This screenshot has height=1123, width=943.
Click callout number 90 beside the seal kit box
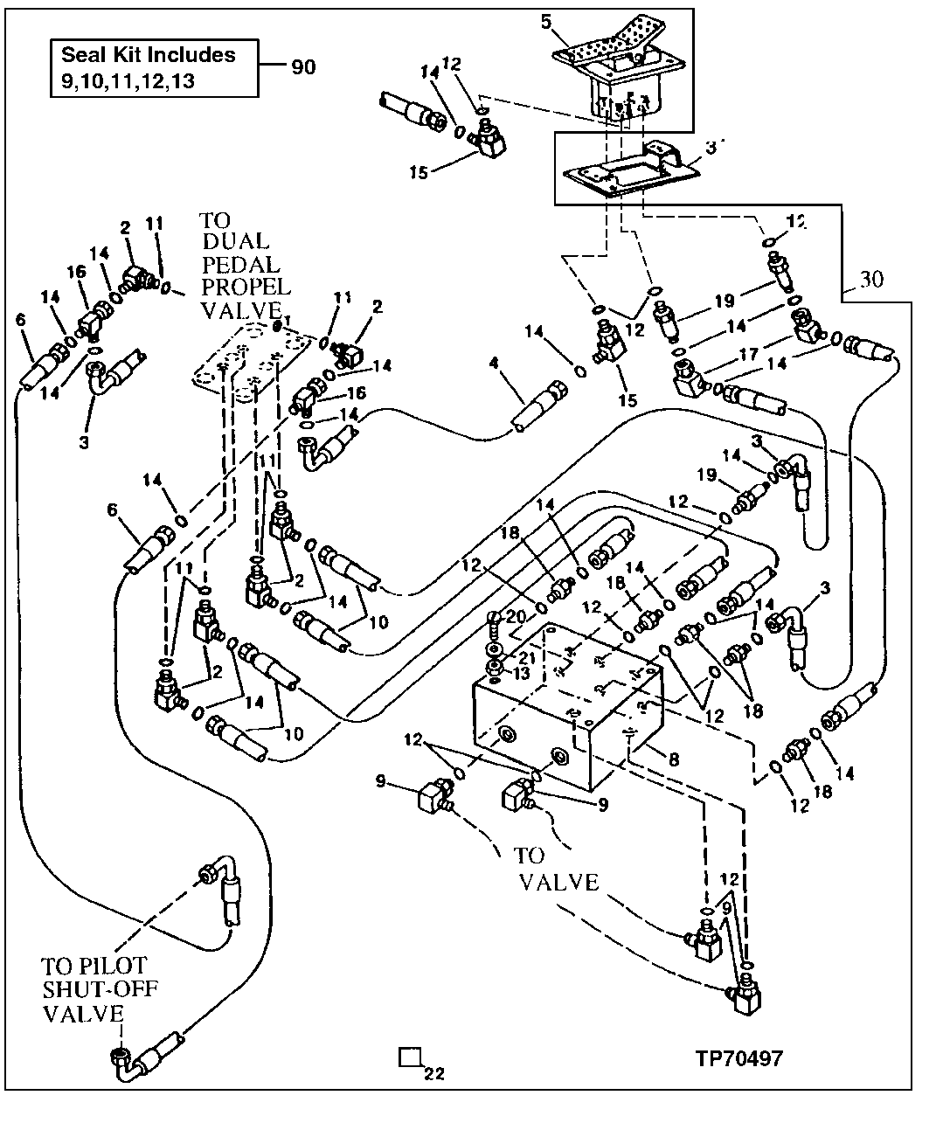(x=302, y=68)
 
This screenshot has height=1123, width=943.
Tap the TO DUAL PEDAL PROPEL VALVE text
(x=243, y=264)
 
